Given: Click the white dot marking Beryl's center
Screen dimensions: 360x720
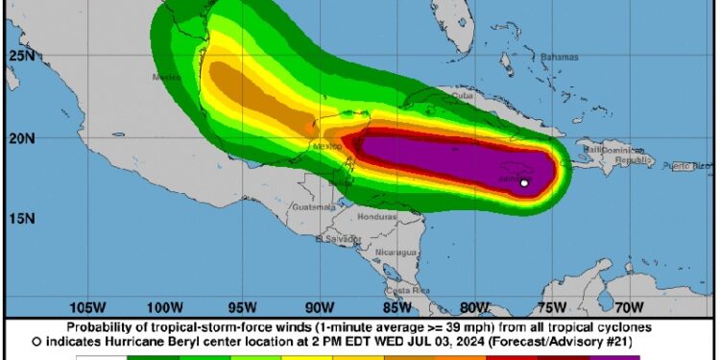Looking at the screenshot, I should (x=524, y=182).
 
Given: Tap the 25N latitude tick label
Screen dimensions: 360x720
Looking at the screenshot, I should (x=20, y=57).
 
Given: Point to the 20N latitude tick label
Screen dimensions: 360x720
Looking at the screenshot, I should (x=20, y=138).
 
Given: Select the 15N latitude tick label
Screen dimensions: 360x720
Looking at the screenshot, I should (x=20, y=218).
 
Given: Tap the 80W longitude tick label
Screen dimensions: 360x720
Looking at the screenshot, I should (x=473, y=307).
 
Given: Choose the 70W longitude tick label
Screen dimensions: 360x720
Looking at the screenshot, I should (x=628, y=307).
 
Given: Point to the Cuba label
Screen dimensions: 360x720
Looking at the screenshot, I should (x=464, y=95).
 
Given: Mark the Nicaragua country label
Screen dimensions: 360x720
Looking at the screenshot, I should (x=396, y=252).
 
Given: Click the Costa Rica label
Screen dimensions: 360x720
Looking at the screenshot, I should (x=406, y=290).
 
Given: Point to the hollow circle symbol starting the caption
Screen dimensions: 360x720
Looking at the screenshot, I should (x=36, y=341).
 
